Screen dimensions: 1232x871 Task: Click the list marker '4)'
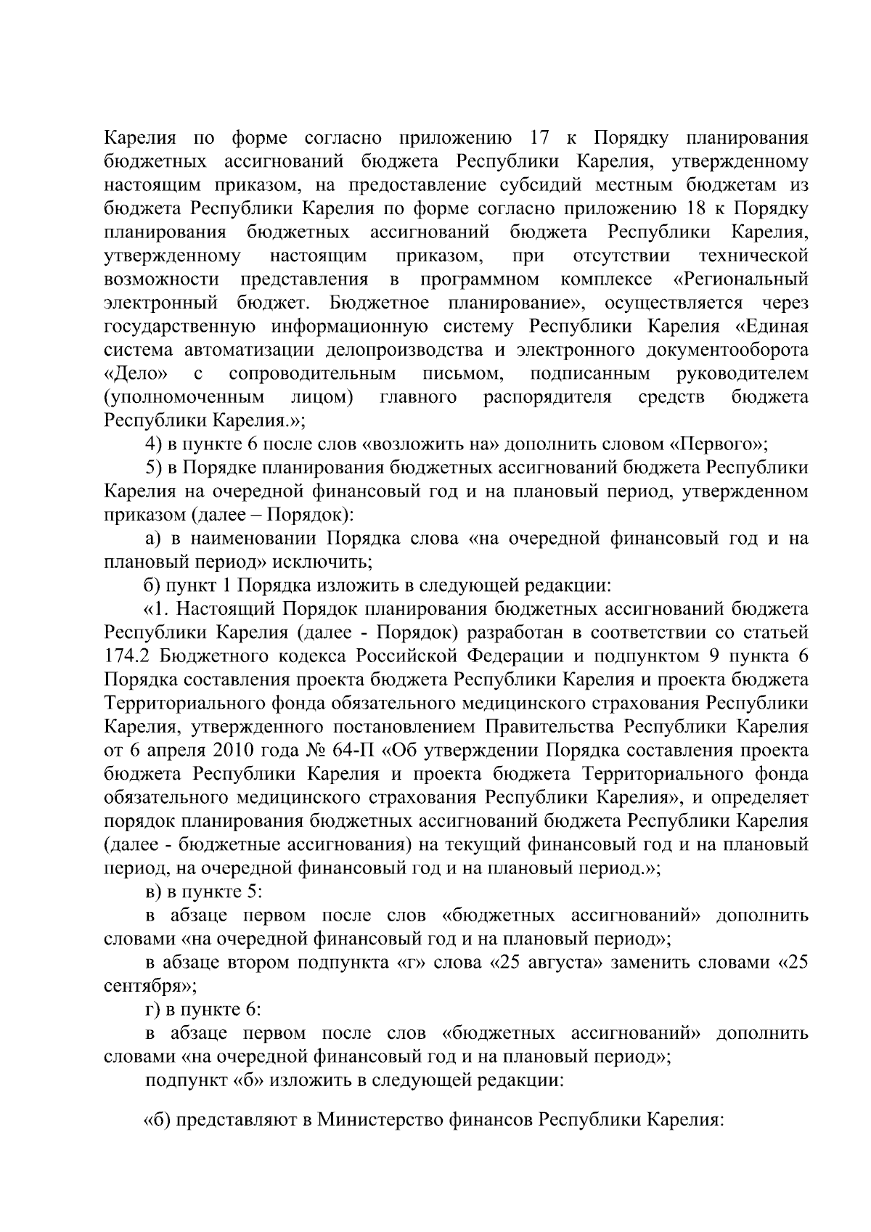(155, 444)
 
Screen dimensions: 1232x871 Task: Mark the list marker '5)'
(155, 468)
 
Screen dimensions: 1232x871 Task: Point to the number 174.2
(128, 656)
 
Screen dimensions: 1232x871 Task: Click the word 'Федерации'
(515, 656)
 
